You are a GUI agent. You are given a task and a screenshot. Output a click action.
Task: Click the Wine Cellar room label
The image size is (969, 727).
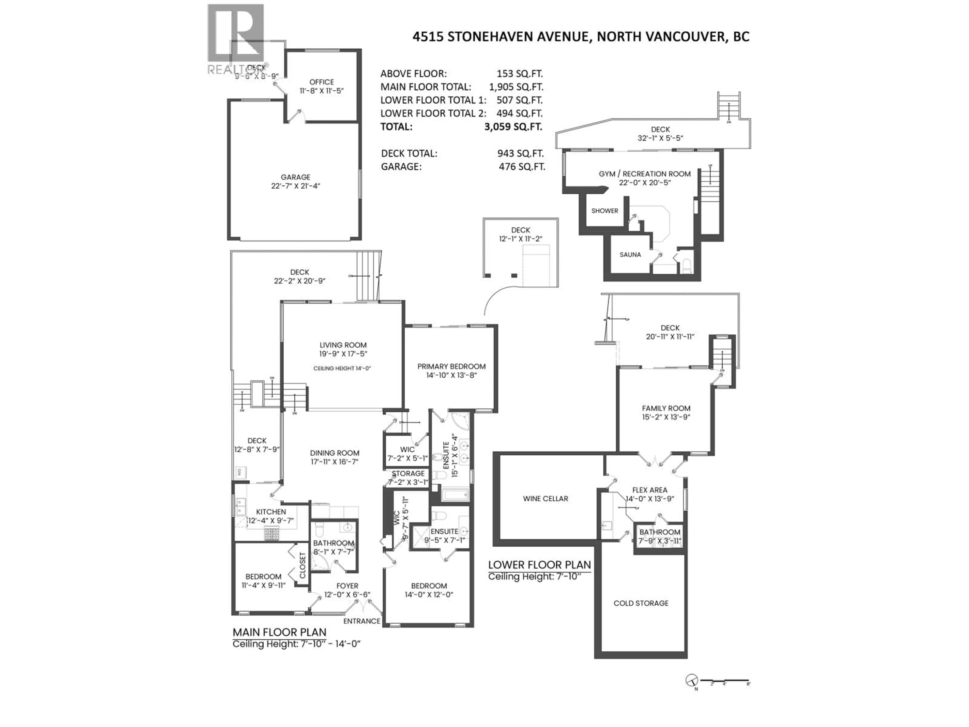[x=545, y=499]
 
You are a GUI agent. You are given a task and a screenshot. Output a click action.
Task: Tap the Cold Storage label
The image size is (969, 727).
[x=640, y=603]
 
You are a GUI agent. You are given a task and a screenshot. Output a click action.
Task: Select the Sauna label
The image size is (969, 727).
[x=630, y=255]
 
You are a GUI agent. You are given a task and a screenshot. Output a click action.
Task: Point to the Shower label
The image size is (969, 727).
[x=605, y=211]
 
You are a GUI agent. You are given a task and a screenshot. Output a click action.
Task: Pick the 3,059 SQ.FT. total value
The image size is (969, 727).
[x=513, y=127]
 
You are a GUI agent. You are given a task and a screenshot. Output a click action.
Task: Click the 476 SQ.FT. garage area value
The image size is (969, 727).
[x=522, y=167]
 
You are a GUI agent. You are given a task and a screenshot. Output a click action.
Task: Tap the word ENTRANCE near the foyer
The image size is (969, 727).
[x=361, y=621]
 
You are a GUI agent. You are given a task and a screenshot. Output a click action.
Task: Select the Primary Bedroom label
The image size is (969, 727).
[x=451, y=366]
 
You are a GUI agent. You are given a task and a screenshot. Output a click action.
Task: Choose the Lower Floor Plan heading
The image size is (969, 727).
[x=539, y=565]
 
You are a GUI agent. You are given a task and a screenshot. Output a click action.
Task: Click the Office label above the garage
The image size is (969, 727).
[x=321, y=82]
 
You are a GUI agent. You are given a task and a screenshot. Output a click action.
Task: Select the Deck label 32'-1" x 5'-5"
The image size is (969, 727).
[x=660, y=134]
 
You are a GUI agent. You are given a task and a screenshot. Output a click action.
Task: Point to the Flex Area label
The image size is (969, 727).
[x=650, y=490]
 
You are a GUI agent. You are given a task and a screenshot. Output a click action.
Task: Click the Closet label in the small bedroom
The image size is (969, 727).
[x=302, y=565]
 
